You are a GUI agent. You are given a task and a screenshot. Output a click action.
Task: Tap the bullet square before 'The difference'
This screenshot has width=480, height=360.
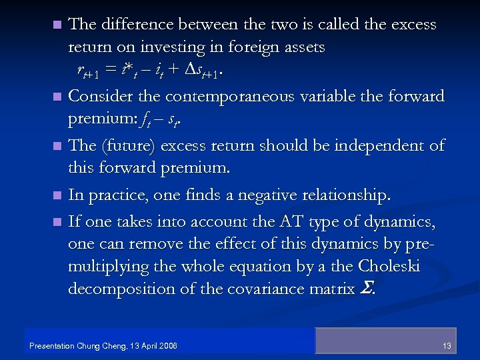tap(58, 25)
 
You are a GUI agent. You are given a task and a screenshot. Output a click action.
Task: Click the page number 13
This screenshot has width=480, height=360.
tap(447, 345)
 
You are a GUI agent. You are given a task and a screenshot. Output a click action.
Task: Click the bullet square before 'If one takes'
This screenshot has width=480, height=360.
tap(58, 220)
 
